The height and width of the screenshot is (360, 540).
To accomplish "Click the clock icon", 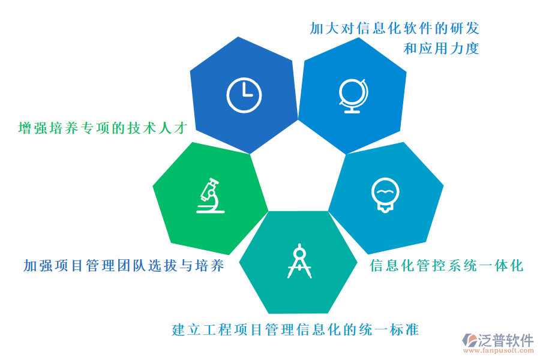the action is [x=244, y=95].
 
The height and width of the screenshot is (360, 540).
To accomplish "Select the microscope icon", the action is [x=211, y=196].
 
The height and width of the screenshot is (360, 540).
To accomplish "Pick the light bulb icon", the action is [x=385, y=195].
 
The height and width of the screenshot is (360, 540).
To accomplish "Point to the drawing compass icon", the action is [x=299, y=261].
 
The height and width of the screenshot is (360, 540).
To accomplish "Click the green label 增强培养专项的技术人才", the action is [x=103, y=128].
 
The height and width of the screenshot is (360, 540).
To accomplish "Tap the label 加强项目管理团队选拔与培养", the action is [x=124, y=266].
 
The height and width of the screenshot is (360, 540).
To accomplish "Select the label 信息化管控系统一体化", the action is [x=446, y=266].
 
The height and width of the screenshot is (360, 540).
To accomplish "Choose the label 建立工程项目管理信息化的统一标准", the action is [x=295, y=329].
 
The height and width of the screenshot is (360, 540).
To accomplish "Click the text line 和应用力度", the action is [x=441, y=49].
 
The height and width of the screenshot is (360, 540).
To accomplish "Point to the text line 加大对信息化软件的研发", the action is [x=394, y=28].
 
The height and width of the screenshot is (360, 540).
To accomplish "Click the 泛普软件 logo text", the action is [x=506, y=340].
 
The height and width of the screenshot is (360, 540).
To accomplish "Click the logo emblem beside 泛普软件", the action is [x=470, y=340].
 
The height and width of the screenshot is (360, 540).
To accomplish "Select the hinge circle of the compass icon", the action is [x=300, y=254].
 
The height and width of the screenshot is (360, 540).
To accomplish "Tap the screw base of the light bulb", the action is [x=385, y=208].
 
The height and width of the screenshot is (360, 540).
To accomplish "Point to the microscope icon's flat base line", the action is [x=211, y=212].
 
